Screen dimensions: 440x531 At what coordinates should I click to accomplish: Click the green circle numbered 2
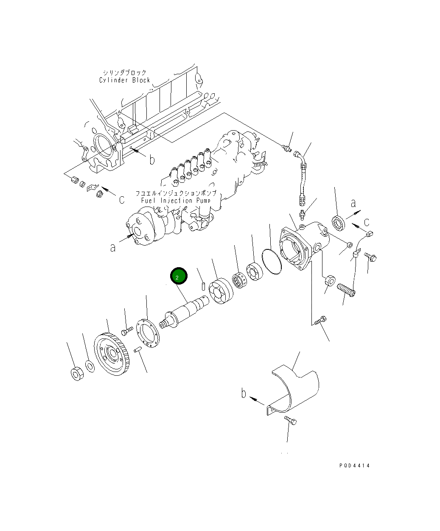coord(179,275)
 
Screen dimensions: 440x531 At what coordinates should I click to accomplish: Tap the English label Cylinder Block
coord(124,80)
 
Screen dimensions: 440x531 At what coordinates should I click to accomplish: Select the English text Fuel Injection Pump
coord(176,200)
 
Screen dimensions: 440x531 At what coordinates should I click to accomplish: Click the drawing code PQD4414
coord(354,466)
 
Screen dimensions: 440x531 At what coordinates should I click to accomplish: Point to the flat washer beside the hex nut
coord(90,366)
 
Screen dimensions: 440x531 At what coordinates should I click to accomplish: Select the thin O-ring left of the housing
coord(272,262)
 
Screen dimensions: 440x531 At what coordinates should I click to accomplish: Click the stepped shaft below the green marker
coord(184,312)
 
